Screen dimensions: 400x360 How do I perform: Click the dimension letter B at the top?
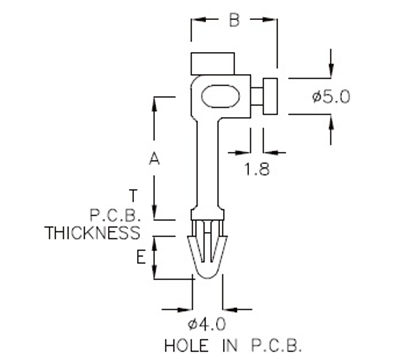(x=233, y=18)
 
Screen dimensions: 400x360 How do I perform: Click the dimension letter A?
(x=153, y=158)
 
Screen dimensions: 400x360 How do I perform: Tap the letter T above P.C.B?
(x=134, y=194)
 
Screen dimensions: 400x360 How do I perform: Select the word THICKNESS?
(x=92, y=233)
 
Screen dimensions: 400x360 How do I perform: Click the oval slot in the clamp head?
(x=219, y=97)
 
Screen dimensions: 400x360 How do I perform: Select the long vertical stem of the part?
(x=208, y=165)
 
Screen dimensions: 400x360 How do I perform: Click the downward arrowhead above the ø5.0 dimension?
(x=331, y=72)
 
